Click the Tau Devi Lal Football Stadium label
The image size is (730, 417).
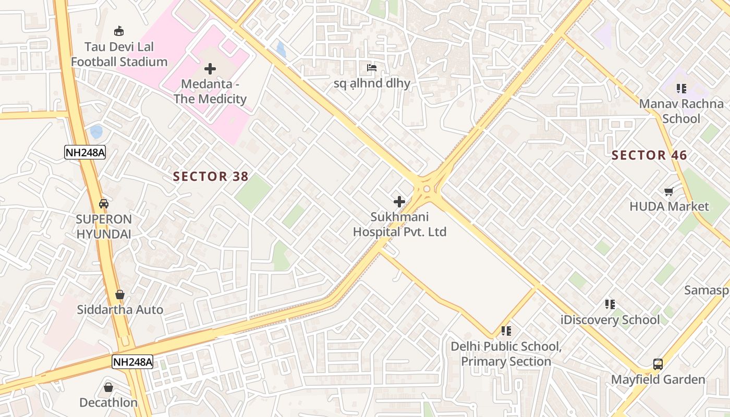(x=119, y=54)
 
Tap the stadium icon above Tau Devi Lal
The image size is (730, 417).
(x=119, y=31)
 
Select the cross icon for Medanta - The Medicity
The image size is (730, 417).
(x=210, y=68)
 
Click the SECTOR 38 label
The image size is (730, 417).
(x=211, y=177)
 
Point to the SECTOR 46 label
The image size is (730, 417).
(x=649, y=155)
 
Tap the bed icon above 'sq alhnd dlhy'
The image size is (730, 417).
(x=372, y=68)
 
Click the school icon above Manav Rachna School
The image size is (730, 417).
(x=682, y=89)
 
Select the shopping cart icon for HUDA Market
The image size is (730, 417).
(x=669, y=191)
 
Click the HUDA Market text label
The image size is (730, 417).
(x=669, y=206)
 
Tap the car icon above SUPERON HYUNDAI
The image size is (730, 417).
(x=104, y=203)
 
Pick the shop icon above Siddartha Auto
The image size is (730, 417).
(x=120, y=295)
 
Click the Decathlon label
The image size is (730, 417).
(x=108, y=402)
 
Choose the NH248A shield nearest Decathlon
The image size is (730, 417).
(x=132, y=362)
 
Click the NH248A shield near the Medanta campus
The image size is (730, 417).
(x=85, y=152)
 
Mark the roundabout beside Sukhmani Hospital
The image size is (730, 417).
(x=427, y=189)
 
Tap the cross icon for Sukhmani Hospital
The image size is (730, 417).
(x=399, y=201)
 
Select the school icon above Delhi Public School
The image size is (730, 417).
(x=506, y=331)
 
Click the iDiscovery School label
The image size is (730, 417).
(x=610, y=320)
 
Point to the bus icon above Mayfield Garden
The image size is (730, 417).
(x=658, y=364)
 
